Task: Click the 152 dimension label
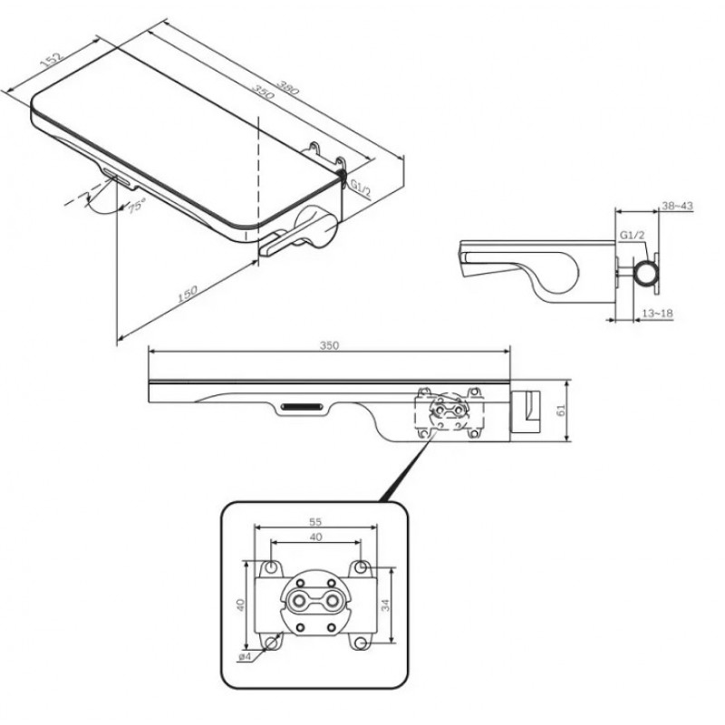click(x=51, y=60)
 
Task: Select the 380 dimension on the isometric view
click(x=287, y=87)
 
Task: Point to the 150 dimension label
click(x=188, y=294)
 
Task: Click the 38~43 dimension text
click(x=677, y=206)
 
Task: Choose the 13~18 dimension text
click(x=657, y=314)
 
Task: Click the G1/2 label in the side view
click(x=632, y=235)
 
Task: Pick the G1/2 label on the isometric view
click(x=360, y=189)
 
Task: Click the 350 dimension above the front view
click(x=329, y=346)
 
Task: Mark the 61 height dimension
click(x=561, y=411)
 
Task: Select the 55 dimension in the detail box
click(x=314, y=522)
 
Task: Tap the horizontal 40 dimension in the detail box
click(x=315, y=537)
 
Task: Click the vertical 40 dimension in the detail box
click(x=240, y=604)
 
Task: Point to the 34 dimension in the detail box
click(x=385, y=604)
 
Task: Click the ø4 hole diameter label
click(x=245, y=656)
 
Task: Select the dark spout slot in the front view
click(x=302, y=407)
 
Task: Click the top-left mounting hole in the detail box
click(x=271, y=567)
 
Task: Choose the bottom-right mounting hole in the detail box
click(x=362, y=643)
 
